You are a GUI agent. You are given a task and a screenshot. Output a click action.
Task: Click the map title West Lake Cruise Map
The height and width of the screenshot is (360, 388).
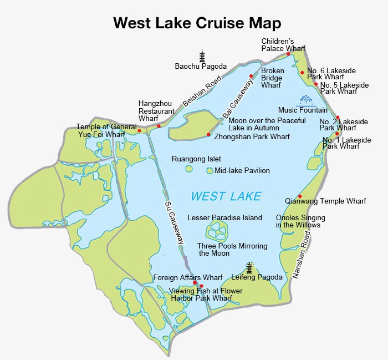[x=197, y=23]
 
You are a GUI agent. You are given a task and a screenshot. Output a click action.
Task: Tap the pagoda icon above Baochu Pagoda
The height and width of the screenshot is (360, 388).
[x=202, y=55]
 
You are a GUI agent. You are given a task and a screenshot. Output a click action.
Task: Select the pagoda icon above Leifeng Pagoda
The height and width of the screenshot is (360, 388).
[x=249, y=268]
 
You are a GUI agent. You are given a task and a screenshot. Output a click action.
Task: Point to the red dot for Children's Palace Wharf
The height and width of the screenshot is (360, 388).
[x=288, y=54]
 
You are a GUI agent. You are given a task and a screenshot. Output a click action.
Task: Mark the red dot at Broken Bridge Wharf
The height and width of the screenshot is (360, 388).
[x=251, y=76]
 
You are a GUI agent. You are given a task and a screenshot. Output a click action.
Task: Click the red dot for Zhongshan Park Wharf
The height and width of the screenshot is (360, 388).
[x=208, y=134]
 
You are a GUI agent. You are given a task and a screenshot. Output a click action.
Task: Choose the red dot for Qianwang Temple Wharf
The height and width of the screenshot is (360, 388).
[x=299, y=196]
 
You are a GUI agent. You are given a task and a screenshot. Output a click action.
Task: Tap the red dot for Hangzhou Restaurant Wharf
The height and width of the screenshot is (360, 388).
[x=159, y=126]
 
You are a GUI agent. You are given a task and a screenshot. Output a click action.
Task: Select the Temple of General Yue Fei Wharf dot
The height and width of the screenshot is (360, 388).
[x=139, y=131]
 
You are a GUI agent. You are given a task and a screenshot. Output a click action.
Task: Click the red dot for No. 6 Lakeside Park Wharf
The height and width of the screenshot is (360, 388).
[x=302, y=72]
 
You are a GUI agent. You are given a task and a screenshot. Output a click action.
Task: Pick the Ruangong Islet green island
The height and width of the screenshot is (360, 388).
[x=189, y=169]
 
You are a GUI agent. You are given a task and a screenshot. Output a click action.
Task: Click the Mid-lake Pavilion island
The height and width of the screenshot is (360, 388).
[x=210, y=171]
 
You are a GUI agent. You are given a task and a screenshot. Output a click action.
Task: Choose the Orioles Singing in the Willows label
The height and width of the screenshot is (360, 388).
[x=300, y=221]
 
